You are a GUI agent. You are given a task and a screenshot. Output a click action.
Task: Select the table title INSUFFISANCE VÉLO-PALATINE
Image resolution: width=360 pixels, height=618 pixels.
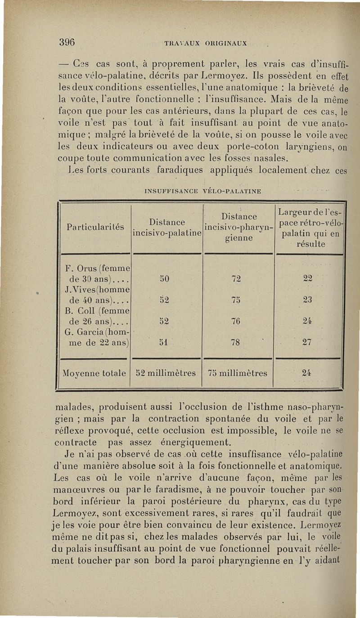(202, 191)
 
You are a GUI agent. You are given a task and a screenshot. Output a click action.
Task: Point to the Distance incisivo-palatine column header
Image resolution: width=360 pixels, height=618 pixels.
(167, 228)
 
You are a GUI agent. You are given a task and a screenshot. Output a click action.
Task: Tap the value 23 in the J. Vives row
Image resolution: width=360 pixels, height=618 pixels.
(307, 300)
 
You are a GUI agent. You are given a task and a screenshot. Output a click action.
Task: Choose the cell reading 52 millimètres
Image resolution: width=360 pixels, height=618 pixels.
(166, 373)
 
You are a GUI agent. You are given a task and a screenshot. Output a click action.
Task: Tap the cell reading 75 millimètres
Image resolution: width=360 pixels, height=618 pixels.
(238, 373)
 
